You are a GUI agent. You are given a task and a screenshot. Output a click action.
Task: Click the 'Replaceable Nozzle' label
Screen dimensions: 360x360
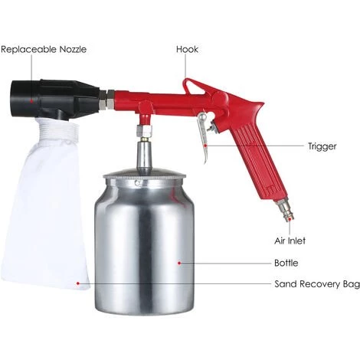44,49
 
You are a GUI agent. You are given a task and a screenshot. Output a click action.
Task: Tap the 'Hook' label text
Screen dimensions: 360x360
187,49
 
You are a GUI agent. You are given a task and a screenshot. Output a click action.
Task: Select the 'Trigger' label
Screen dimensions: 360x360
322,146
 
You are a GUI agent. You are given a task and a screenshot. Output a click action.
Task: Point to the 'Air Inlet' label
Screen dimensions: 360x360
290,241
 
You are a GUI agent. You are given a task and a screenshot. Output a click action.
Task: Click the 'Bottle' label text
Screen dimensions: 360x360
286,263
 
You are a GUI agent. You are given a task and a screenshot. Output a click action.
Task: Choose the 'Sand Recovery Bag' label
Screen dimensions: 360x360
317,284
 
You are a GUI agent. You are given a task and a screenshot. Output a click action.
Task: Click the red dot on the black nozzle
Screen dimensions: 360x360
31,101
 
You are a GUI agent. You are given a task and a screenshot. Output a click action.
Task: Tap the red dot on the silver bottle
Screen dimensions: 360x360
179,263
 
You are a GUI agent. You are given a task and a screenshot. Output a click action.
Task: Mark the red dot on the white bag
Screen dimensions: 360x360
78,283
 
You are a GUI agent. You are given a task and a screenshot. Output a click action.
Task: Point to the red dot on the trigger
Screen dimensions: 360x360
206,146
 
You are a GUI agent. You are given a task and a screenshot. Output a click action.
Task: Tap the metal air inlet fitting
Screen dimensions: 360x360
284,210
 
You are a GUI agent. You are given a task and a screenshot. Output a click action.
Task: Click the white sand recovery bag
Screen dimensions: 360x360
46,205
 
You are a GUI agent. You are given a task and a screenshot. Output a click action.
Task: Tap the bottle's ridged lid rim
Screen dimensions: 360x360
144,176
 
